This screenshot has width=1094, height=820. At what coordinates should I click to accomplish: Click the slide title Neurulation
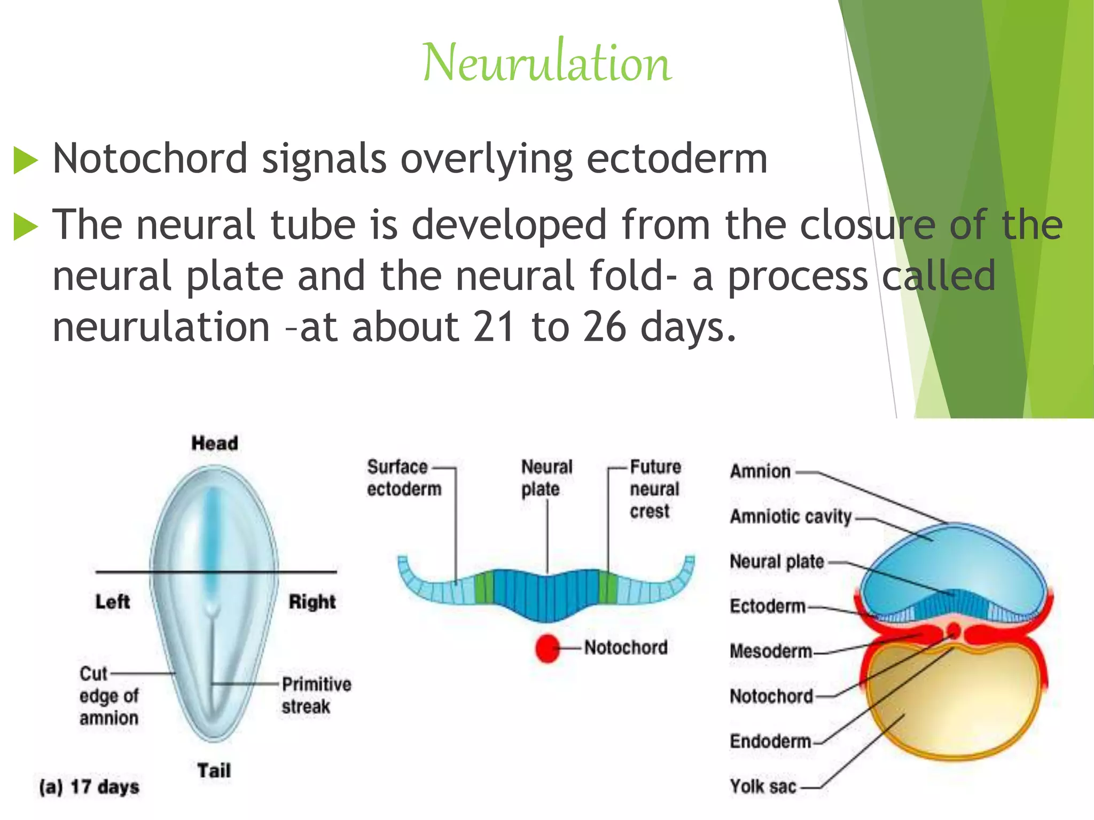(546, 63)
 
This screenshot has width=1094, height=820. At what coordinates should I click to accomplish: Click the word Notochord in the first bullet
(150, 159)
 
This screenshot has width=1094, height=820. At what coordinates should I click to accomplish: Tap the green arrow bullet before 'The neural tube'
(25, 226)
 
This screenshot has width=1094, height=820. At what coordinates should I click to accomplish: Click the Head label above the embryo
(215, 443)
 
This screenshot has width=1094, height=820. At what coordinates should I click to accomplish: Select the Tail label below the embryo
(214, 770)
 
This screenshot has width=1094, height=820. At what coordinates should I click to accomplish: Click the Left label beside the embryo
(112, 602)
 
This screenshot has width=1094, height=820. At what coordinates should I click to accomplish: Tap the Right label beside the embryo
(312, 602)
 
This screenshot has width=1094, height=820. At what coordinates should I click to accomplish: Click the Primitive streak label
(316, 695)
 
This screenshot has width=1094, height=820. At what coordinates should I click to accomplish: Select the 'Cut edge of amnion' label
(108, 696)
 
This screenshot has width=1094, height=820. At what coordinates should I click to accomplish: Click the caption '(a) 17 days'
(89, 787)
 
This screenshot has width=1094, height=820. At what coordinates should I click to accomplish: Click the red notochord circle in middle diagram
(547, 648)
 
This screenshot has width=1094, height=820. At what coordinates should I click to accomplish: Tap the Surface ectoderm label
(404, 478)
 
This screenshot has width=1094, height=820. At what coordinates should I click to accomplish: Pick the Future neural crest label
(655, 488)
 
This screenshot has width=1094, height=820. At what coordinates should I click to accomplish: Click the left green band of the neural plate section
(484, 587)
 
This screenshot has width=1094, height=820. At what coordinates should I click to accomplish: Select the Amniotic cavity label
(791, 517)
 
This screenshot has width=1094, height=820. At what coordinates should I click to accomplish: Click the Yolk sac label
(763, 786)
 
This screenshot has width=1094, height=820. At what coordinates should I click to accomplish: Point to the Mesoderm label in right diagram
(770, 651)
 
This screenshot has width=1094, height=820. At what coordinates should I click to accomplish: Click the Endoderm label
(770, 742)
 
